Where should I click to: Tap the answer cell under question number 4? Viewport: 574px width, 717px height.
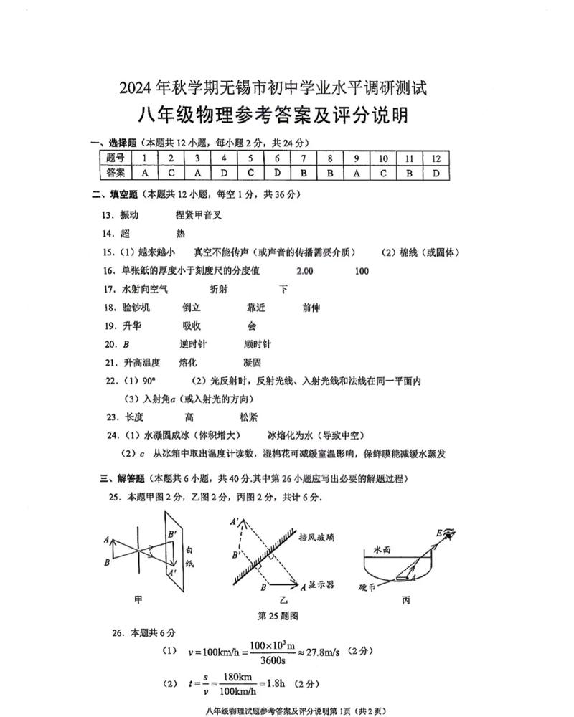[x=225, y=173]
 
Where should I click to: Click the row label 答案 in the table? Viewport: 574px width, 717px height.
[x=116, y=173]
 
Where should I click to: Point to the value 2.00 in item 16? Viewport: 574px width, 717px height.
[x=304, y=270]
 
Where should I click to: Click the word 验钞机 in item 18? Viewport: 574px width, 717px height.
[x=136, y=308]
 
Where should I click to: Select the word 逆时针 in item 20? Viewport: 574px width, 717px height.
[x=193, y=344]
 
